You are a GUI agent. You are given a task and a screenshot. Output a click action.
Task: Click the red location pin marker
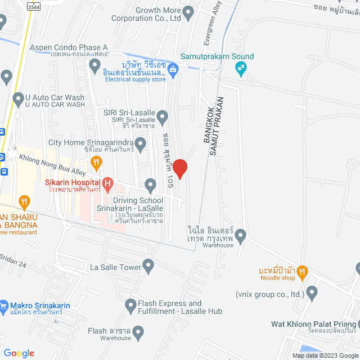[x=179, y=169]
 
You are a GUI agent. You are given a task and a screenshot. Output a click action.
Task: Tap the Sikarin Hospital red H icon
[x=107, y=183]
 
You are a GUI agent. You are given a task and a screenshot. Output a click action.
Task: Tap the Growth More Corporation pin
[x=188, y=11]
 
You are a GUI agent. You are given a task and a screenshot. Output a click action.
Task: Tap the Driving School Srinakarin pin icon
[x=150, y=184]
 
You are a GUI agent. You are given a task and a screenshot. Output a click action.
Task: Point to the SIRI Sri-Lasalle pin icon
[x=163, y=118]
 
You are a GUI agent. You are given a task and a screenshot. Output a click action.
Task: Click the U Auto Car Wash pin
[x=17, y=98]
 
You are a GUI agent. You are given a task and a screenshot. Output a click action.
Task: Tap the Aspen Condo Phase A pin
[x=95, y=66]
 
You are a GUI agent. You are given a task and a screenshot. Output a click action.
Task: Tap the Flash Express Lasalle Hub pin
[x=129, y=305]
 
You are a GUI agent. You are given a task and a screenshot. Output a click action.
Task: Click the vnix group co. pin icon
[x=312, y=292]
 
